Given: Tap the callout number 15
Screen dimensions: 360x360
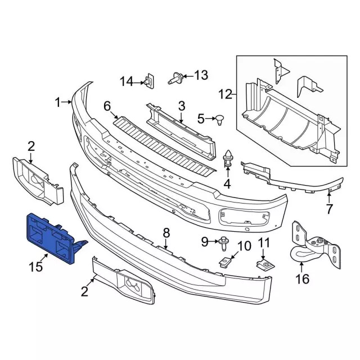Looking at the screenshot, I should (x=36, y=267).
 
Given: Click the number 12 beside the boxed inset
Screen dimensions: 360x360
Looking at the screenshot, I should (x=224, y=94).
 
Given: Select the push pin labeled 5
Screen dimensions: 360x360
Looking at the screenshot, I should (x=220, y=119).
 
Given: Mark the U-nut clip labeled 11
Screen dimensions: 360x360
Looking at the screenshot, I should (x=263, y=263).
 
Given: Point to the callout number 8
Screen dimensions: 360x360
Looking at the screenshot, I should (x=166, y=232).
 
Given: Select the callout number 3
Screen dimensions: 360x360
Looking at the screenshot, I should (x=182, y=105).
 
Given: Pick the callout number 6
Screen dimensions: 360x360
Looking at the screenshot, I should (x=107, y=105).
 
